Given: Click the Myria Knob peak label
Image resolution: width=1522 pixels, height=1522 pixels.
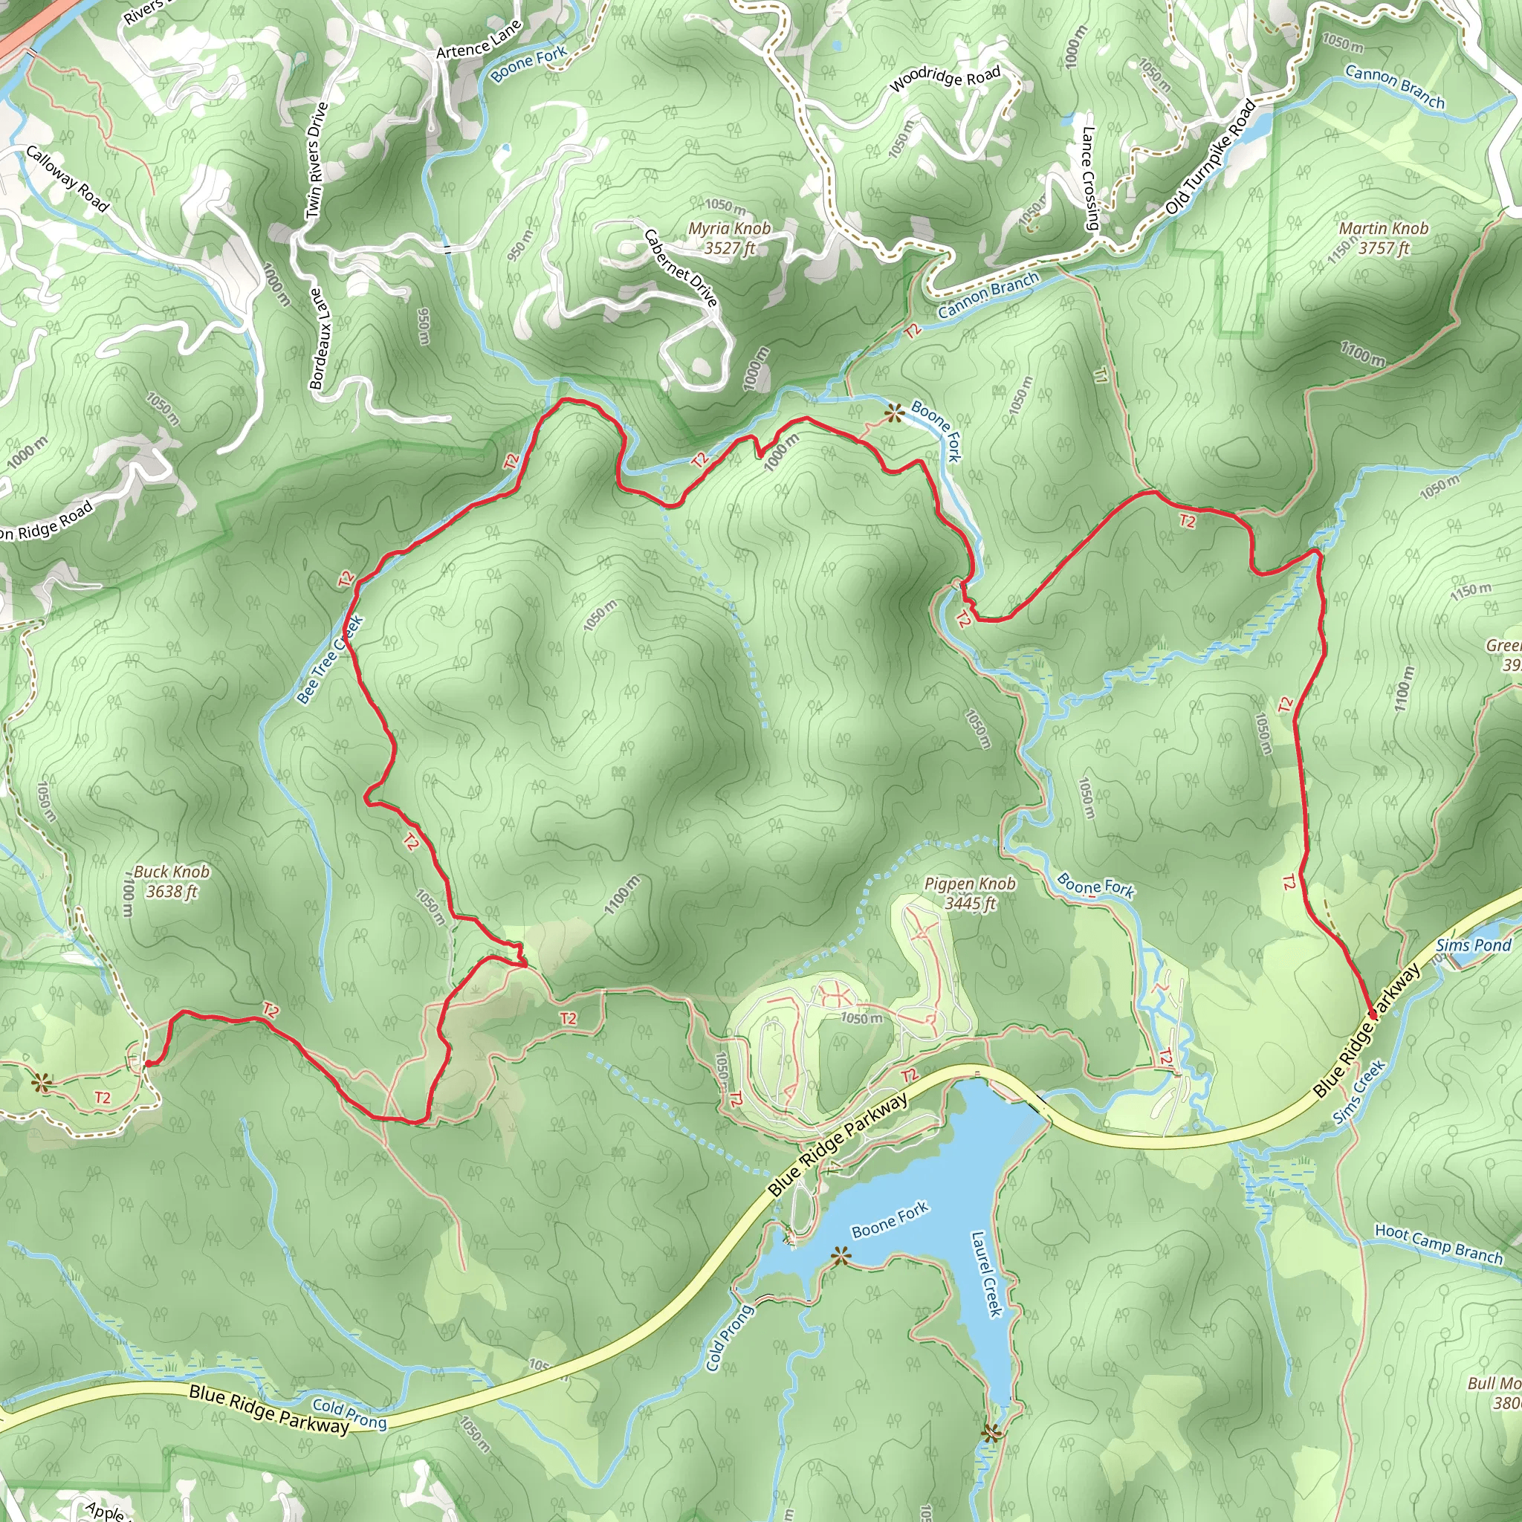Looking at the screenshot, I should [x=729, y=237].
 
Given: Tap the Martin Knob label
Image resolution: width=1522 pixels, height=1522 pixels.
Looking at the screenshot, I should [x=1383, y=237].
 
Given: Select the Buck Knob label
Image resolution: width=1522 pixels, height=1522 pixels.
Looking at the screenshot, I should [x=171, y=881].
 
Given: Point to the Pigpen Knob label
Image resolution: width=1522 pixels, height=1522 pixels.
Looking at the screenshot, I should [x=969, y=893].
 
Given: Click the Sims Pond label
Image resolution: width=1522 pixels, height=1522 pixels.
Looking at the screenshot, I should [x=1473, y=945].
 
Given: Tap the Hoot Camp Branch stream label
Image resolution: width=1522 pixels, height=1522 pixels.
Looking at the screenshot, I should [x=1439, y=1244].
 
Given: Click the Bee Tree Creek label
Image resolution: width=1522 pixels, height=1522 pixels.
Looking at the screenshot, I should [x=330, y=658].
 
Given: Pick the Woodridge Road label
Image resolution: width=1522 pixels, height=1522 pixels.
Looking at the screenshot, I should [x=945, y=79].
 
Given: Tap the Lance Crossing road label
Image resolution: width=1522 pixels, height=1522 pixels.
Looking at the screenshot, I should [x=1090, y=179].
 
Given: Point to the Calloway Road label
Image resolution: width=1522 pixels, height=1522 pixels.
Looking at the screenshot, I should [x=66, y=179].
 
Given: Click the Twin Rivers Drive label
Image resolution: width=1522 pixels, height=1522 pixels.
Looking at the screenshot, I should [x=315, y=161].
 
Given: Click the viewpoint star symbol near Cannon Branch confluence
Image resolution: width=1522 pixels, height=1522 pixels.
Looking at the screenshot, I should [x=893, y=412].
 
